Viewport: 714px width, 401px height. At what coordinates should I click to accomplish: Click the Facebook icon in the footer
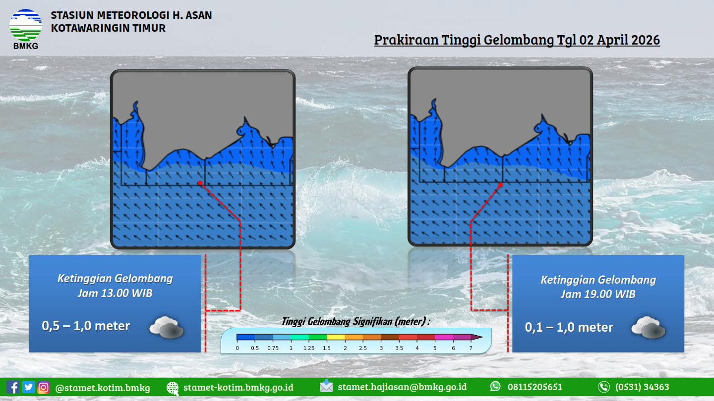tap(13, 387)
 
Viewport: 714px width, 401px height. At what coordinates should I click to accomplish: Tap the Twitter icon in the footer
tap(28, 387)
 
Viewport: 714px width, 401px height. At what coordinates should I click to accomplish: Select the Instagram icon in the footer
tap(43, 388)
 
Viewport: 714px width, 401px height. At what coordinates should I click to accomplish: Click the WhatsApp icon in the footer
tap(495, 386)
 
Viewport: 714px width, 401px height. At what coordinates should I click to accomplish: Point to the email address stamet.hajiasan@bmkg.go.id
tap(402, 387)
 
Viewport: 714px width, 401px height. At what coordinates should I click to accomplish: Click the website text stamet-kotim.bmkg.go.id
tap(238, 387)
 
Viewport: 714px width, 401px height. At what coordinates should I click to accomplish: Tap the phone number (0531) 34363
tap(642, 387)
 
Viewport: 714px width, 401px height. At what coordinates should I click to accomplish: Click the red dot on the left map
tap(200, 183)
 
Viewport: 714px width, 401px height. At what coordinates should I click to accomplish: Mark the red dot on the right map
tap(500, 185)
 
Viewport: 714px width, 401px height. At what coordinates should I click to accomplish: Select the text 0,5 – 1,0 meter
tap(86, 326)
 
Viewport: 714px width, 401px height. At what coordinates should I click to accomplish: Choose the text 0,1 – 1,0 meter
tap(569, 327)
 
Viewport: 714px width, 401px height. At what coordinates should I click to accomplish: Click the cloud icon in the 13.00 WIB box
tap(167, 327)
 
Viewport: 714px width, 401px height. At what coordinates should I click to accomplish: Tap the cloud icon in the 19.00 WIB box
tap(649, 328)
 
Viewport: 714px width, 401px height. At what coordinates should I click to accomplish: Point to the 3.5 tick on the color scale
tap(399, 348)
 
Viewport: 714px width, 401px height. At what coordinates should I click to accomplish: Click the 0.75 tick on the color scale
tap(273, 348)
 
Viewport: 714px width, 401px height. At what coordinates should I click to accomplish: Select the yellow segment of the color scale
tap(336, 337)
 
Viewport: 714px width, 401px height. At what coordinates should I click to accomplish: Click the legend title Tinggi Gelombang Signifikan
tap(337, 321)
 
